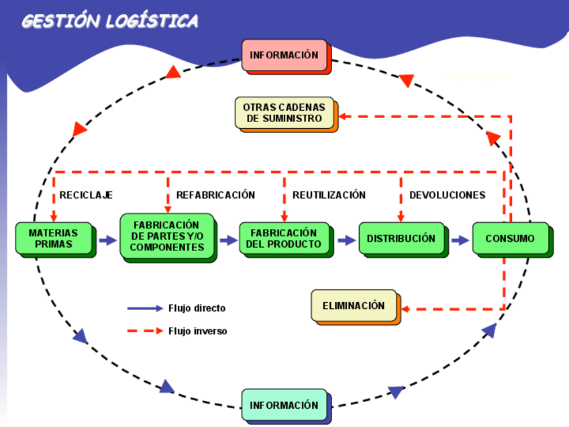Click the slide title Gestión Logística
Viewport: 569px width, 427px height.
pyautogui.click(x=110, y=21)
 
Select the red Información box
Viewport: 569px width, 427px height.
pyautogui.click(x=284, y=55)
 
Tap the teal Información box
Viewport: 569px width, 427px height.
pyautogui.click(x=284, y=405)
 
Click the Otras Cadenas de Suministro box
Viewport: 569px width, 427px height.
pyautogui.click(x=284, y=113)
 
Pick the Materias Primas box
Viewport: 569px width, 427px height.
pyautogui.click(x=53, y=238)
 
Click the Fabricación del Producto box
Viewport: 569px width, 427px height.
pyautogui.click(x=284, y=238)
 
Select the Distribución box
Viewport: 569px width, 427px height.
pyautogui.click(x=401, y=238)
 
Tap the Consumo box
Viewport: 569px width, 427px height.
pyautogui.click(x=510, y=238)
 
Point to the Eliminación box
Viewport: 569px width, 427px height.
pyautogui.click(x=354, y=305)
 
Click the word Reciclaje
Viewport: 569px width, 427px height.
pyautogui.click(x=86, y=195)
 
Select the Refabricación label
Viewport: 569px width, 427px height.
pyautogui.click(x=215, y=195)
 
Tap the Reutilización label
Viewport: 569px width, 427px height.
pyautogui.click(x=329, y=195)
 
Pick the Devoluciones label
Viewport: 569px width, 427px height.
pyautogui.click(x=447, y=195)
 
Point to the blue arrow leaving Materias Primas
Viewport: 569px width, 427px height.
pyautogui.click(x=107, y=240)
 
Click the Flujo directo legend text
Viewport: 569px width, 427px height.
pyautogui.click(x=197, y=309)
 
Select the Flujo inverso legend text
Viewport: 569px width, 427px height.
pyautogui.click(x=197, y=331)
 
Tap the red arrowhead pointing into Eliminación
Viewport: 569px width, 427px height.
pyautogui.click(x=405, y=310)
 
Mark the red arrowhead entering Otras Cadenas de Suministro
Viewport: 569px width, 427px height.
pyautogui.click(x=343, y=116)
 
